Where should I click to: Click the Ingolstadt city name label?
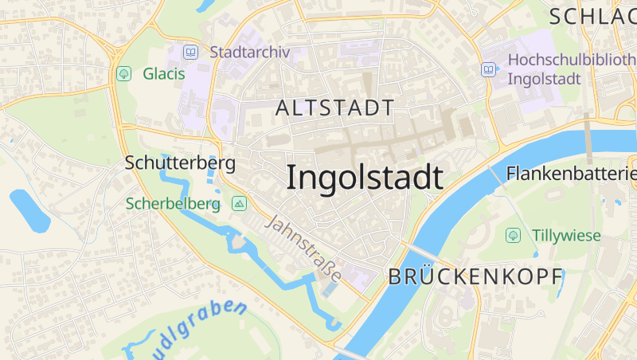[364, 177]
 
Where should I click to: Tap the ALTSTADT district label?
[334, 108]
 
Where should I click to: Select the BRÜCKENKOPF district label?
[475, 276]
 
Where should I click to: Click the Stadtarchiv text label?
[250, 53]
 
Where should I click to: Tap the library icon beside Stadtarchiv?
[190, 53]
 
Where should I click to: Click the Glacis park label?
[163, 74]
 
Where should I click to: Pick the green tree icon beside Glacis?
[123, 74]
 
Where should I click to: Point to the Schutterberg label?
[180, 162]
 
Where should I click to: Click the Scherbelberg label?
[172, 204]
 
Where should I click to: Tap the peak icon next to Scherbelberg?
[239, 204]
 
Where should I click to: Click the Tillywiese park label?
[567, 235]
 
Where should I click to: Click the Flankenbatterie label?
[571, 173]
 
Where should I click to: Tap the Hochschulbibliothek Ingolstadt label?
[569, 69]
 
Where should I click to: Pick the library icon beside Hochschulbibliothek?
[487, 70]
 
